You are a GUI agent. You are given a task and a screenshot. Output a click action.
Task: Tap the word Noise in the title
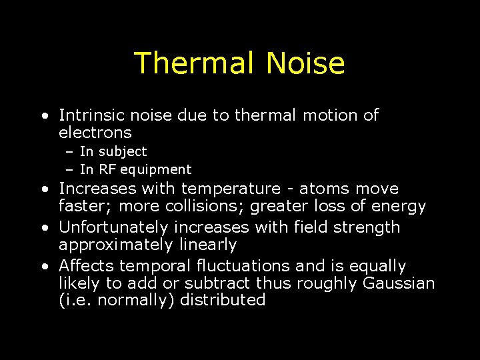coord(305,63)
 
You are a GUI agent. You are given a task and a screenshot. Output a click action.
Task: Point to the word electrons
coord(95,133)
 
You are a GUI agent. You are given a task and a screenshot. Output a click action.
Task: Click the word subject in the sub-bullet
coord(122,152)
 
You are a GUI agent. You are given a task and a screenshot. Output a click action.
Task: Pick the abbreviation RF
coord(107,169)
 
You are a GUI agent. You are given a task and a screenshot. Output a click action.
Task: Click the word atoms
coord(329,189)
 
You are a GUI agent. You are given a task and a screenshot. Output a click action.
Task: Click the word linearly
coord(208,245)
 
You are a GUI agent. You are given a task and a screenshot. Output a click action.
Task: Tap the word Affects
coord(85,266)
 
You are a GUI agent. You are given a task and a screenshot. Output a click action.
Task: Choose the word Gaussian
coord(399,283)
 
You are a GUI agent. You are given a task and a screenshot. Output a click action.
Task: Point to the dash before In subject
coord(69,152)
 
